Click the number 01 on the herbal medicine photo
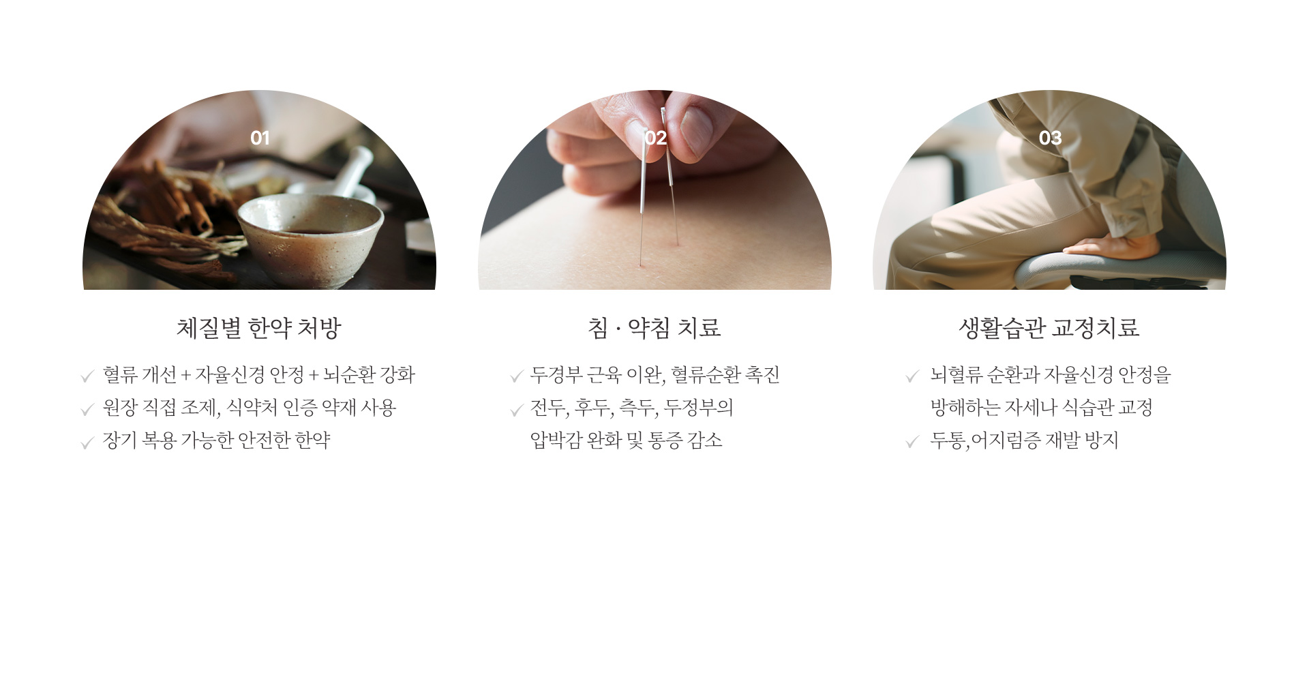pyautogui.click(x=260, y=138)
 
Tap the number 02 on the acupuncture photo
pyautogui.click(x=655, y=138)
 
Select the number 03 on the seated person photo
pyautogui.click(x=1050, y=138)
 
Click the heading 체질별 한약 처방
pyautogui.click(x=258, y=328)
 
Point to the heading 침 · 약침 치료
pyautogui.click(x=654, y=328)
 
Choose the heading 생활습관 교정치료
pyautogui.click(x=1049, y=328)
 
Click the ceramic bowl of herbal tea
pyautogui.click(x=310, y=235)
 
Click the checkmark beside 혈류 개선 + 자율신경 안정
pyautogui.click(x=87, y=376)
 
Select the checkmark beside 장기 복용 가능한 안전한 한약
pyautogui.click(x=87, y=443)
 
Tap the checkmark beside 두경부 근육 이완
pyautogui.click(x=516, y=376)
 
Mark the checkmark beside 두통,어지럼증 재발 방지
pyautogui.click(x=912, y=443)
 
